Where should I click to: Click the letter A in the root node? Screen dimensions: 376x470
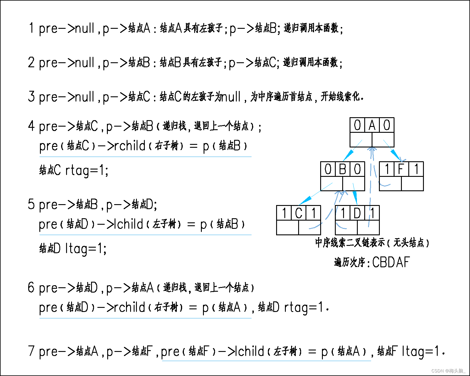tap(372, 125)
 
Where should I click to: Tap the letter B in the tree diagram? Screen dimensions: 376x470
tap(343, 169)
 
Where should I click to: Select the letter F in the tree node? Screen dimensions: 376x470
tap(401, 169)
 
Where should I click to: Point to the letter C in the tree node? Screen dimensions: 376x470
tap(298, 213)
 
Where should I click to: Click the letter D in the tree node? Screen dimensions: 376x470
tap(357, 213)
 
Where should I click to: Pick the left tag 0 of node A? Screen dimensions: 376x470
tap(357, 125)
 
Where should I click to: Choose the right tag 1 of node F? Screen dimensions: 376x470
tap(416, 169)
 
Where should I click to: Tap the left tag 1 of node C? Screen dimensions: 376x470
tap(284, 213)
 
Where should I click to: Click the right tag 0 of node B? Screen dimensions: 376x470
tap(357, 169)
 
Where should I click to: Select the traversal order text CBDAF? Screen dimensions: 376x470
tap(391, 262)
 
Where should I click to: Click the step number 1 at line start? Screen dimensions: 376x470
tap(31, 28)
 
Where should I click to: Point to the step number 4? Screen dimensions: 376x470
tap(31, 126)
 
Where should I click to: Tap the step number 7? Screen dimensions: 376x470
tap(31, 351)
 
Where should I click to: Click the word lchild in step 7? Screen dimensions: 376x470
tap(250, 351)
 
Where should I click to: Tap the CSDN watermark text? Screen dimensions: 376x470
tap(448, 371)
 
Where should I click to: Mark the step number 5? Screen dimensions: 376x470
tap(31, 204)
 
